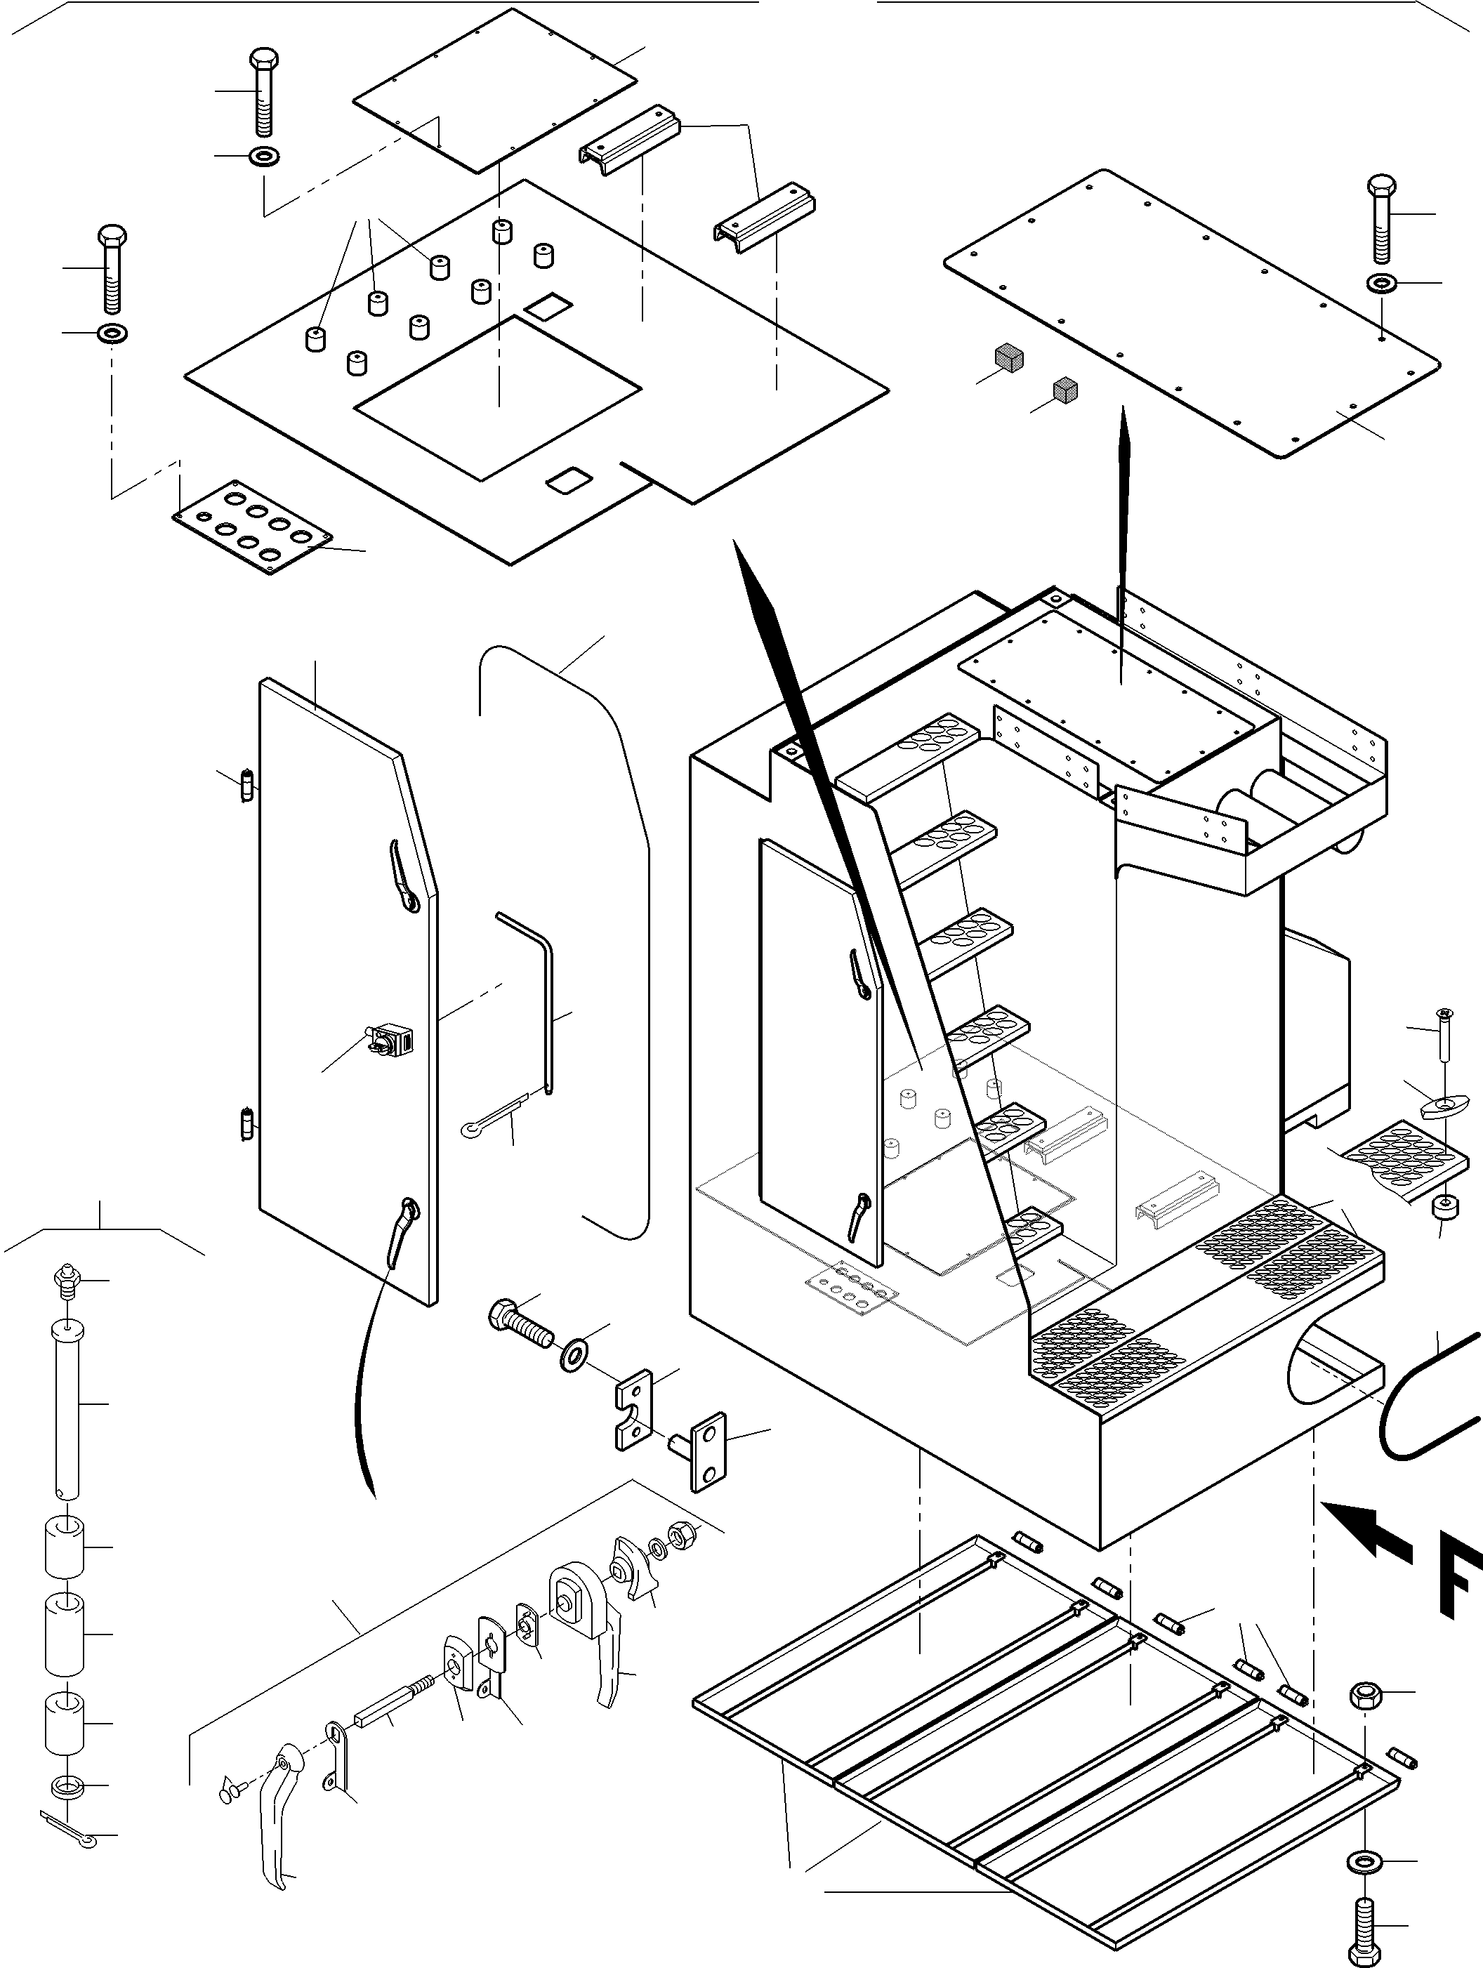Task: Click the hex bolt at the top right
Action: click(x=1380, y=218)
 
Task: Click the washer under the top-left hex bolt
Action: click(x=264, y=157)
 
